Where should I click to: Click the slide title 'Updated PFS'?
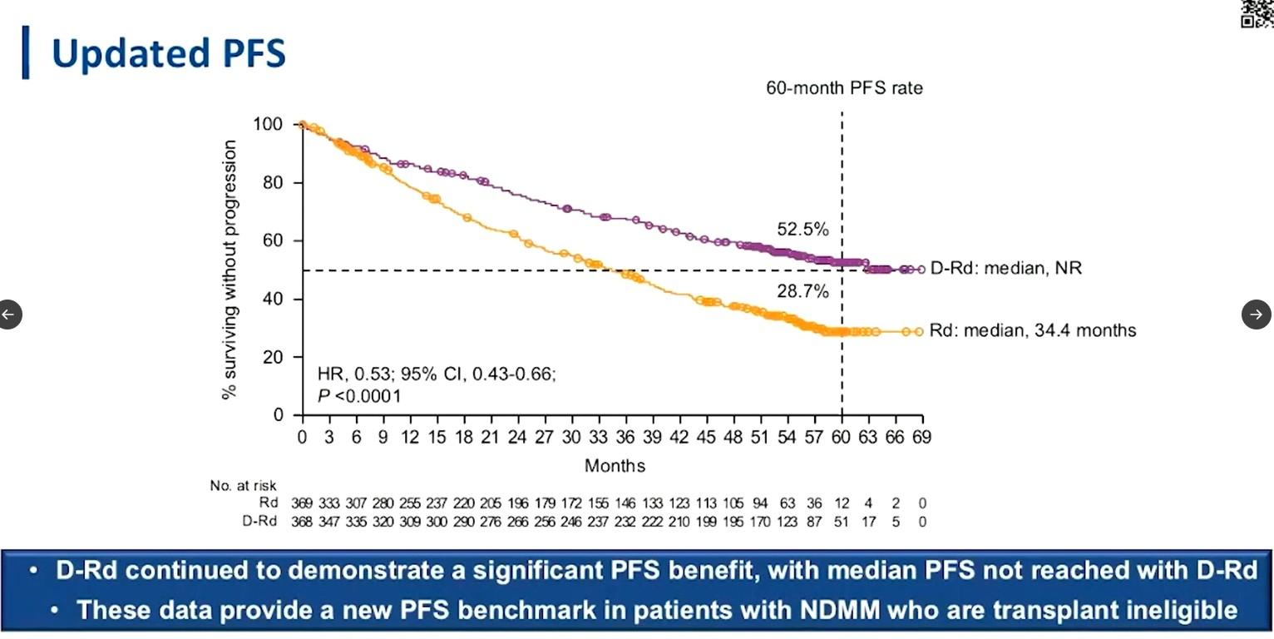[x=168, y=53]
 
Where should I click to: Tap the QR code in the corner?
[x=1257, y=12]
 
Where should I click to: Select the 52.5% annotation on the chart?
[x=802, y=230]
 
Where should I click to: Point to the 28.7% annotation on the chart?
[x=802, y=292]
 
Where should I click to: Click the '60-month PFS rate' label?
[x=844, y=88]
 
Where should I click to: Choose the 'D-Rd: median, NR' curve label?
[x=1006, y=269]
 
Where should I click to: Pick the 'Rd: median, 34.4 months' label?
[x=1032, y=330]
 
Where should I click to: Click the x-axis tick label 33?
[x=598, y=438]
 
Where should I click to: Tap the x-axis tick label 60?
[x=842, y=438]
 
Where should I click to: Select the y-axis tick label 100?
[x=267, y=125]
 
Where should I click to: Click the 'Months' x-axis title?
[x=615, y=466]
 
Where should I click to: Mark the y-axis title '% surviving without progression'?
[x=230, y=270]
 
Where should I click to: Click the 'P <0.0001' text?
[x=359, y=396]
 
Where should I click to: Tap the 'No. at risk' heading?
[x=243, y=486]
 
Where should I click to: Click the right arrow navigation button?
[x=1256, y=315]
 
